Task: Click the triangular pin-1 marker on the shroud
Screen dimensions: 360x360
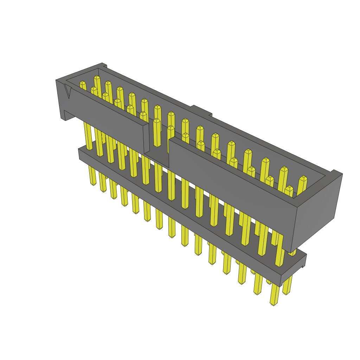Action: pyautogui.click(x=68, y=92)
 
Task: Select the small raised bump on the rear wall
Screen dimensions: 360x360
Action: pyautogui.click(x=201, y=110)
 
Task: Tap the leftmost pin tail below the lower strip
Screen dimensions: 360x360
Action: pyautogui.click(x=92, y=176)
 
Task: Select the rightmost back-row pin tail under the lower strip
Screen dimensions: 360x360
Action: pyautogui.click(x=287, y=285)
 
